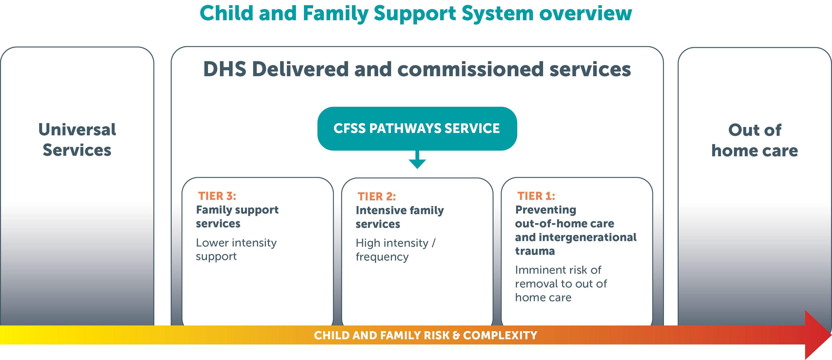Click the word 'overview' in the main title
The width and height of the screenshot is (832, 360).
click(585, 13)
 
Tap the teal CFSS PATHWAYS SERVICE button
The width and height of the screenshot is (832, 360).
click(417, 129)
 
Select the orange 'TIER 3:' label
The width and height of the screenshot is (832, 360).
click(217, 196)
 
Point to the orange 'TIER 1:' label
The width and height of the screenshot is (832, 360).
click(536, 196)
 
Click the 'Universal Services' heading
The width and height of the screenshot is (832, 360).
click(77, 140)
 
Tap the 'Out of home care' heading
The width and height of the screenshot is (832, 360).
click(755, 140)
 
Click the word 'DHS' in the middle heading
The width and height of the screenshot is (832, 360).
click(225, 69)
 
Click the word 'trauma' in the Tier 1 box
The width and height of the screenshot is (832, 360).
click(535, 251)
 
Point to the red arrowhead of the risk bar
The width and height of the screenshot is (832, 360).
click(818, 335)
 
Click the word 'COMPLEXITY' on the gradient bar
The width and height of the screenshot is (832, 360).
click(500, 335)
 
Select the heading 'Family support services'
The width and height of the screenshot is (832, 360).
click(237, 217)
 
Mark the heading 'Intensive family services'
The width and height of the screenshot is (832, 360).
click(400, 217)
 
